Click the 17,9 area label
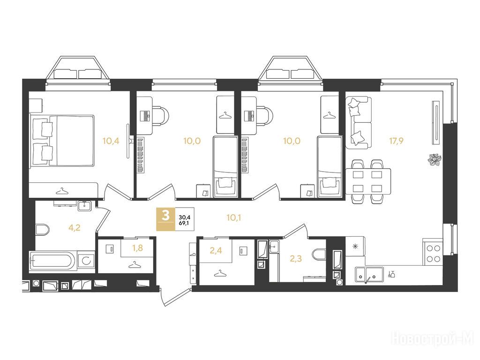(396, 141)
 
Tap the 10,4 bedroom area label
(111, 141)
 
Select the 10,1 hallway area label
(234, 217)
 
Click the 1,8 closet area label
(138, 247)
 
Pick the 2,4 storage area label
(216, 251)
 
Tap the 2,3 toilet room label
(296, 259)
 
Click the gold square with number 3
(165, 219)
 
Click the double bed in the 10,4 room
(61, 141)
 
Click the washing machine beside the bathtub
(86, 261)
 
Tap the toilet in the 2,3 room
(320, 254)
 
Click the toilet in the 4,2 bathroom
(42, 230)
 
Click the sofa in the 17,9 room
(359, 123)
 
